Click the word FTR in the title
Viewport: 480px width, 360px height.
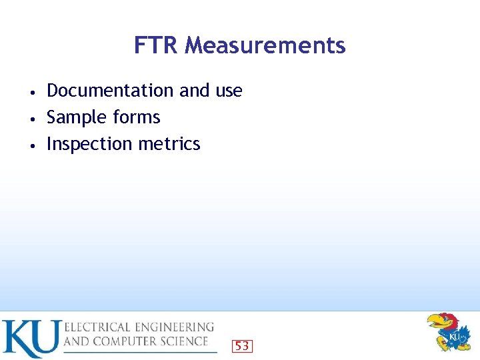[157, 45]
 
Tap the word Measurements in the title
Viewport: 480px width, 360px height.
[265, 45]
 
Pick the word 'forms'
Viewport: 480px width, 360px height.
[136, 117]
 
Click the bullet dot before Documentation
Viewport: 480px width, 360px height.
[32, 91]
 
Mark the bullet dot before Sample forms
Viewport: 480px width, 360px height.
[32, 118]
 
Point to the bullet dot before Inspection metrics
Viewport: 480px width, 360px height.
[32, 145]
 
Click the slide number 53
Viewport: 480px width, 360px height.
[242, 346]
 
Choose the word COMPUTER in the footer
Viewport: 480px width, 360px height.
[124, 341]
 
